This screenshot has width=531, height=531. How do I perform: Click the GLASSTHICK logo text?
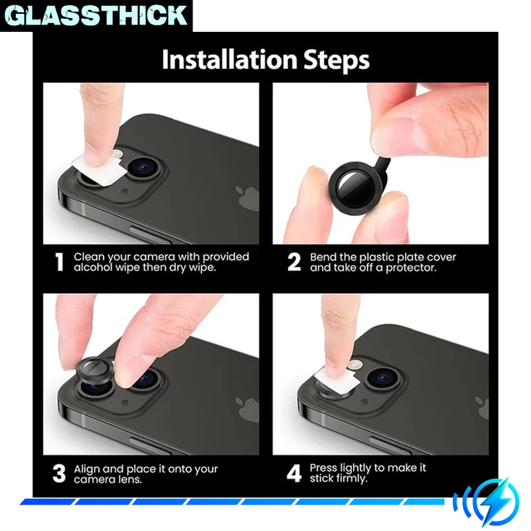(96, 15)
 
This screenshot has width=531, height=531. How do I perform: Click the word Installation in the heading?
(230, 60)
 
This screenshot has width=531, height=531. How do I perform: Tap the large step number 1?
(60, 262)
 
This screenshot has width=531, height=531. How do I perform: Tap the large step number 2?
(294, 262)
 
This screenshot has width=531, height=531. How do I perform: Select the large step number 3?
(59, 473)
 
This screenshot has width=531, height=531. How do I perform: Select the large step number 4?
(294, 473)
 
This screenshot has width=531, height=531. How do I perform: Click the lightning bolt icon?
(495, 500)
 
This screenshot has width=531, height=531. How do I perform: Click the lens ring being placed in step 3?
(94, 370)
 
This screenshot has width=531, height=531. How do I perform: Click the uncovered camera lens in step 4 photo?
(384, 377)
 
